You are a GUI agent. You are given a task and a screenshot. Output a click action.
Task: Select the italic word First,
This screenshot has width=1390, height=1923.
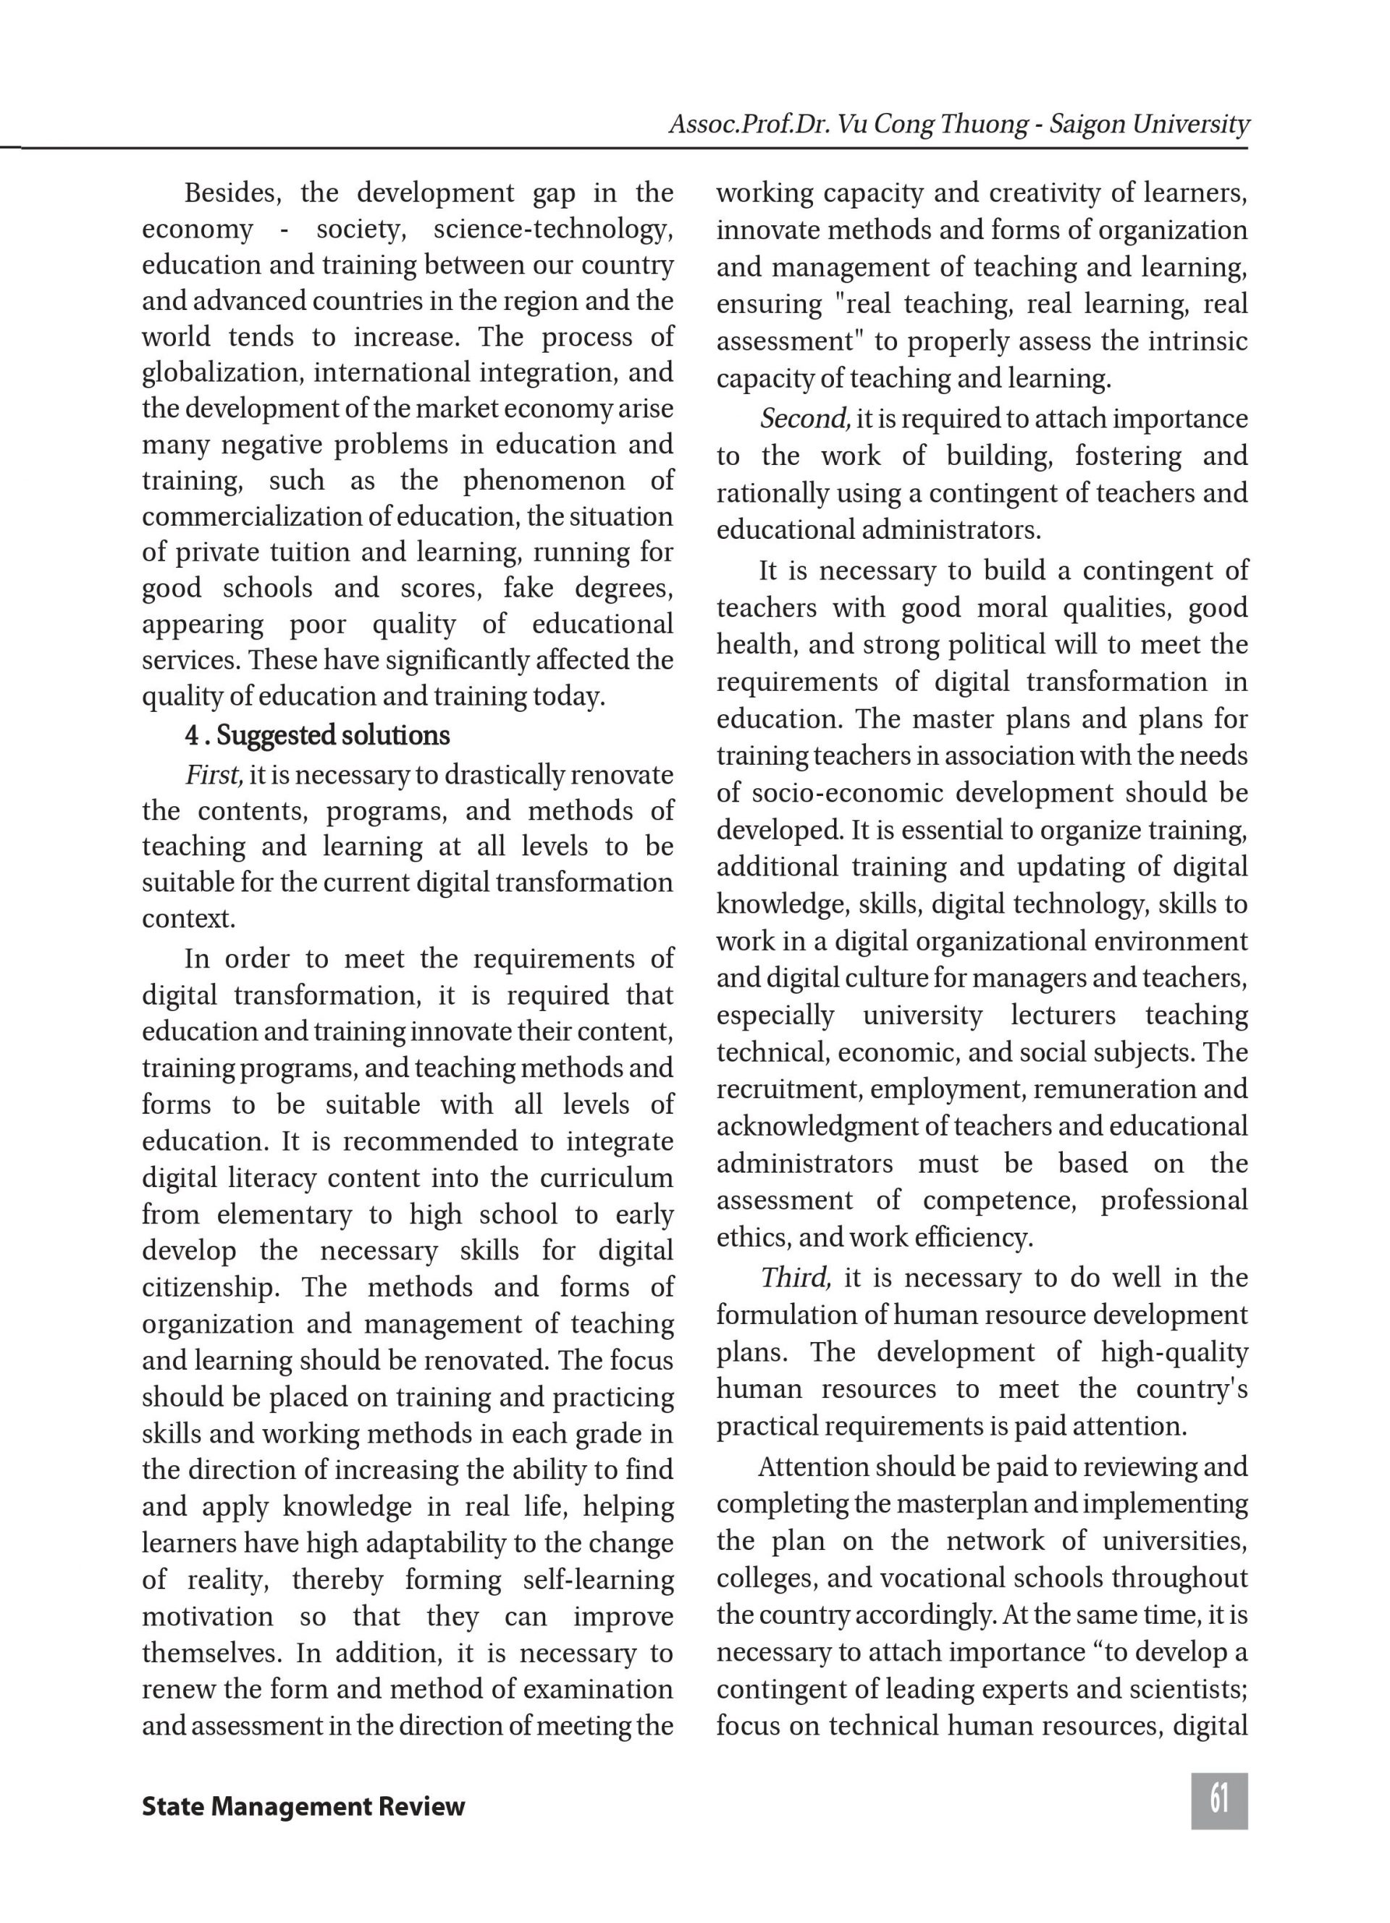pos(214,774)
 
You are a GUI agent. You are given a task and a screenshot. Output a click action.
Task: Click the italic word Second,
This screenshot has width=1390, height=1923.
pos(804,418)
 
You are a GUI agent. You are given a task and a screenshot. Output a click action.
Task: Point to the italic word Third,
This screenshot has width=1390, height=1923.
pos(794,1277)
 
